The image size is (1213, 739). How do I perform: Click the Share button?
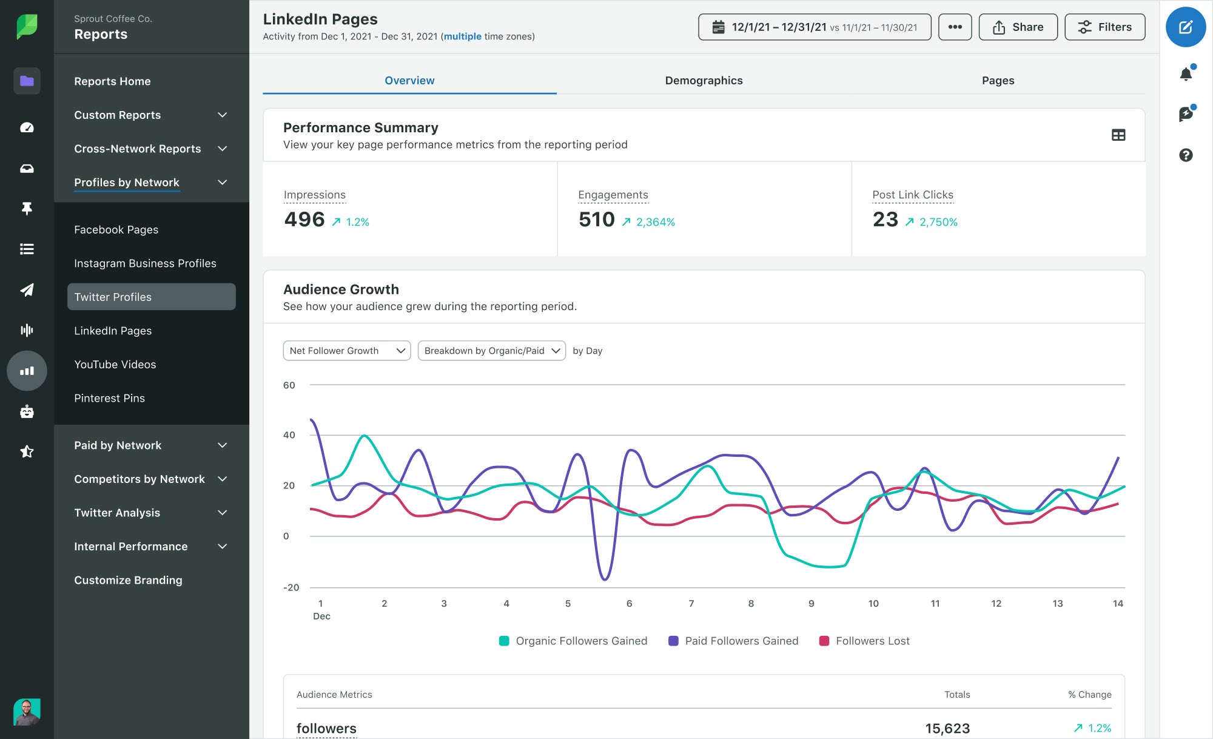[x=1018, y=27]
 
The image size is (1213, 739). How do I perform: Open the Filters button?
[x=1104, y=27]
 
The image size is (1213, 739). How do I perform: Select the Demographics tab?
[x=704, y=81]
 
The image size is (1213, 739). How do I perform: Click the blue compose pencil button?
[x=1185, y=27]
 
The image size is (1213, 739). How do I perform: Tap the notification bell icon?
[x=1186, y=74]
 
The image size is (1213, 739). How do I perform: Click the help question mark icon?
[x=1186, y=155]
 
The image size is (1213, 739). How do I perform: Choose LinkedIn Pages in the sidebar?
[x=113, y=331]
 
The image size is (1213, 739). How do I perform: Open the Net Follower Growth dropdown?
[x=346, y=351]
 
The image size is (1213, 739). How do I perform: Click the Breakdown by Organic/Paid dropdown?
[x=491, y=351]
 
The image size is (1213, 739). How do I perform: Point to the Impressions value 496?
[x=304, y=220]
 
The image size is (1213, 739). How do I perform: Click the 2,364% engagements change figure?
[x=655, y=222]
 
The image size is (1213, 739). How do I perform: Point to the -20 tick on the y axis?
[x=291, y=587]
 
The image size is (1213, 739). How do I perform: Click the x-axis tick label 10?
[x=873, y=603]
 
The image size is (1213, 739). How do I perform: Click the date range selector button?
[x=815, y=27]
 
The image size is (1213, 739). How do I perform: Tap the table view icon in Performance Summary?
[x=1118, y=135]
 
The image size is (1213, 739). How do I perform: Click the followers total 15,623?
[x=947, y=728]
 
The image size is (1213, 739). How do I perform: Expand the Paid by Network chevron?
[x=223, y=445]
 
